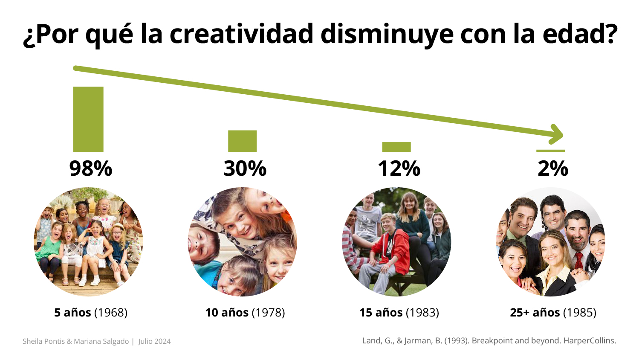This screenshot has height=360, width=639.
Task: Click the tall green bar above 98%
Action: (x=88, y=119)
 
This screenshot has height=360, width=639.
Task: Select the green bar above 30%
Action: (x=242, y=141)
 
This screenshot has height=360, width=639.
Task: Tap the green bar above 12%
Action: (x=396, y=147)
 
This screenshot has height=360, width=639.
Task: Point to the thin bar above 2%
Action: (x=550, y=151)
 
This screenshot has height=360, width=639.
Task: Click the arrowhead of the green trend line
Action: (x=556, y=134)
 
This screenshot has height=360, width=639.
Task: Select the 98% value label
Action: (x=91, y=168)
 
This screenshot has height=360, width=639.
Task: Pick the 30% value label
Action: (x=245, y=168)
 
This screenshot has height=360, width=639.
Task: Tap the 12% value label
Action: (x=399, y=168)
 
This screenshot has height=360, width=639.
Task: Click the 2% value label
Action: (x=553, y=168)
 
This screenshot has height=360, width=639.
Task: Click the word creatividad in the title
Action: (x=242, y=34)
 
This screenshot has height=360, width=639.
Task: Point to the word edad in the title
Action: (x=576, y=34)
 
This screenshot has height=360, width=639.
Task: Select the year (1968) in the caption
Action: (x=111, y=313)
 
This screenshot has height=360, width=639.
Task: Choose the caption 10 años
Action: (x=227, y=313)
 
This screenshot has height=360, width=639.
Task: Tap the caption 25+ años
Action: (x=535, y=313)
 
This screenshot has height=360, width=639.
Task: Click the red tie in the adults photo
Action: (x=578, y=260)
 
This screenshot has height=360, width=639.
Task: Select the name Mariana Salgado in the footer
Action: (x=101, y=341)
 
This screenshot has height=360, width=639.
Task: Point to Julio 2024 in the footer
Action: (x=154, y=341)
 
